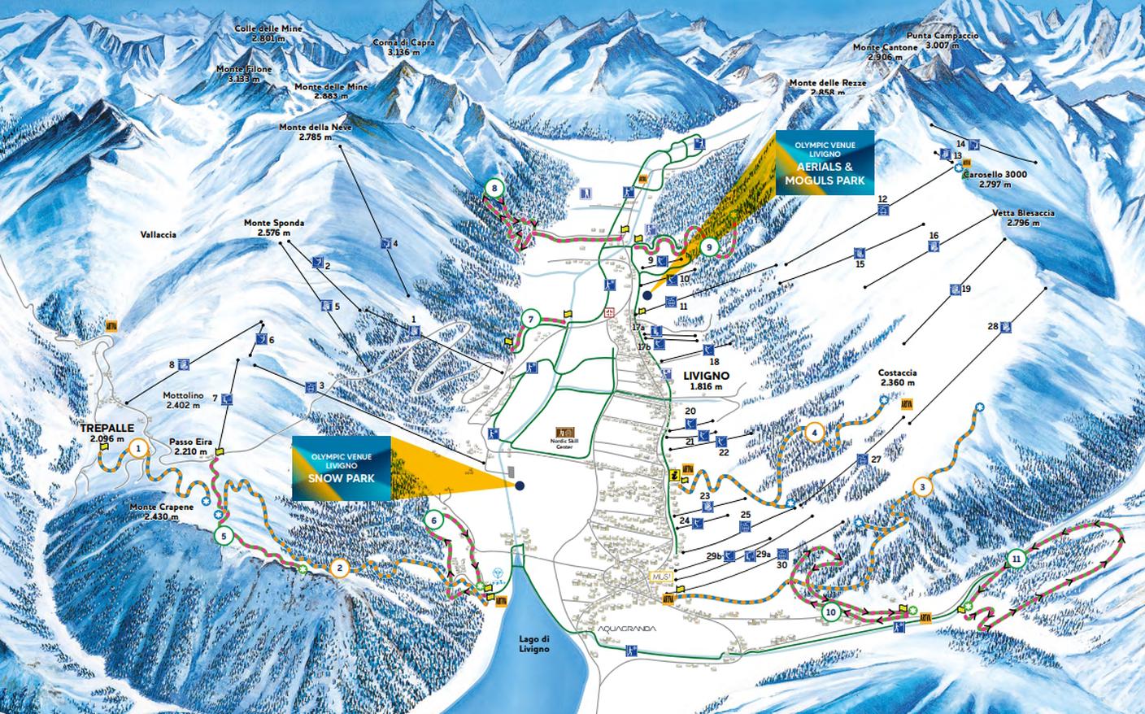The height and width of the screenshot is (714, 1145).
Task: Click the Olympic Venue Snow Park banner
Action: tap(341, 468)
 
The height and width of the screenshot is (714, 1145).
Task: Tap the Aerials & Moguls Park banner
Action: tap(825, 163)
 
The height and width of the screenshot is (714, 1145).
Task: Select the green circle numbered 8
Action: tap(494, 189)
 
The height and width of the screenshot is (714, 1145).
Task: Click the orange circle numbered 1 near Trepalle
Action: tap(139, 447)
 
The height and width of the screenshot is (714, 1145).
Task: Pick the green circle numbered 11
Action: tap(1015, 558)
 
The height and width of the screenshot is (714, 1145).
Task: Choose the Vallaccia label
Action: tap(157, 234)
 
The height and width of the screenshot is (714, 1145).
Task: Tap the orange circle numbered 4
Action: tap(815, 433)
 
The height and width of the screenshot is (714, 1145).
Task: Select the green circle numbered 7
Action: tap(530, 319)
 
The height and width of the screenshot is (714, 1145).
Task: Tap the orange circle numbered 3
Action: tap(921, 487)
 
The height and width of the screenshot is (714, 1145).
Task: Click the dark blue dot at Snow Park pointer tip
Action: tap(519, 485)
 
